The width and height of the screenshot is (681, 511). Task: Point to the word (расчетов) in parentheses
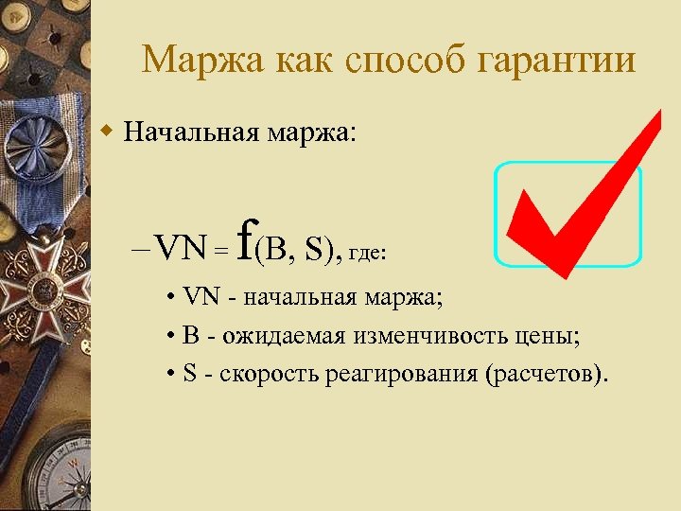542,374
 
